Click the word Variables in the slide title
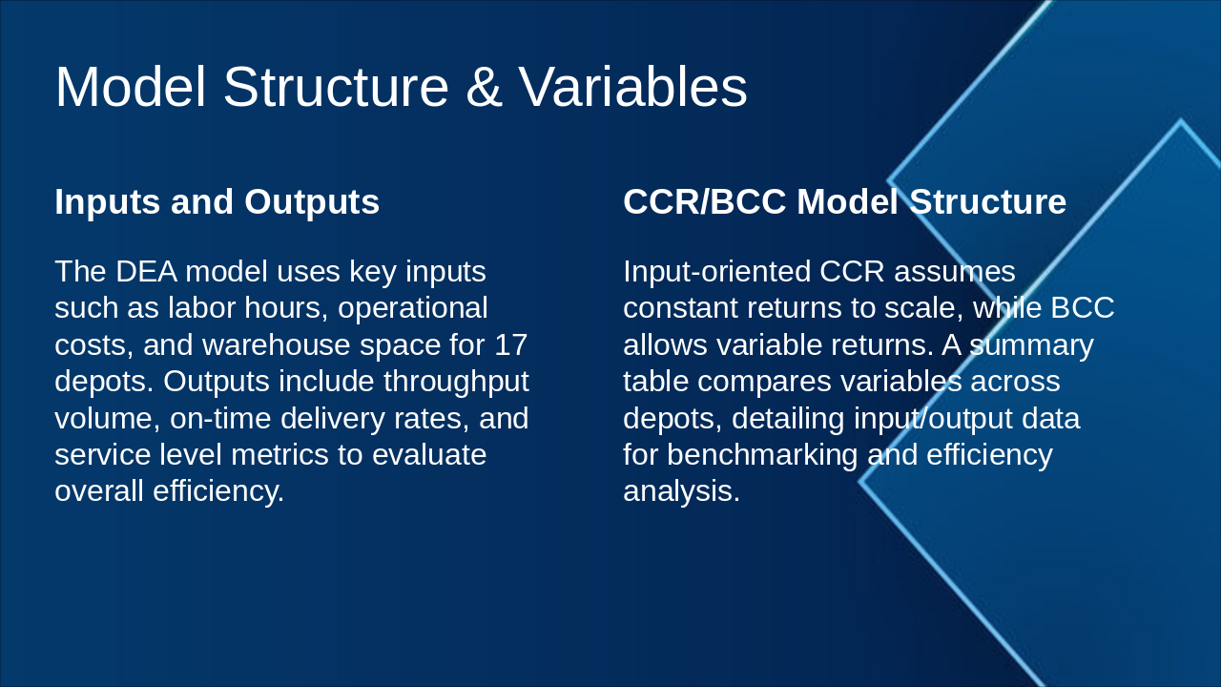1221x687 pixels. [x=632, y=87]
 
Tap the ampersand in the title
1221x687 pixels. [x=484, y=87]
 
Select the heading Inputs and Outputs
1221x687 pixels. [x=217, y=202]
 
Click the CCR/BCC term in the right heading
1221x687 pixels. [x=704, y=201]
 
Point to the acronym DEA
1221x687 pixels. [x=146, y=272]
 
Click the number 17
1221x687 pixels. [x=510, y=344]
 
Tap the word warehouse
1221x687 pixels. [x=276, y=345]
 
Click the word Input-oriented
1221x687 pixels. [x=716, y=272]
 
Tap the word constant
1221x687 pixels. [x=680, y=308]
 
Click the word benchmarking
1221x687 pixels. [x=762, y=456]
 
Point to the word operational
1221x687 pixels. [x=413, y=309]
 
